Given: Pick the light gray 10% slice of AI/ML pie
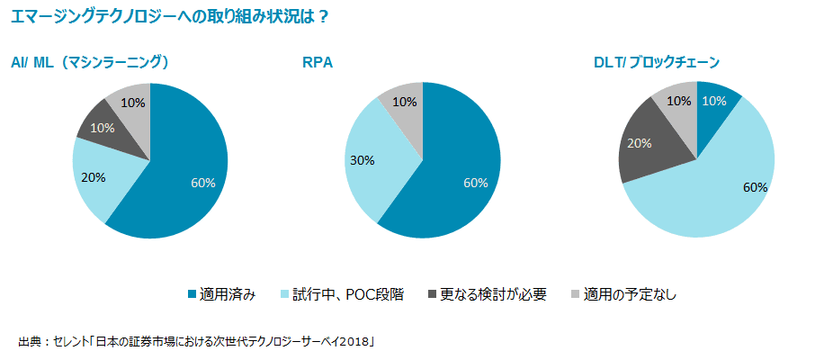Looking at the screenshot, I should tap(132, 103).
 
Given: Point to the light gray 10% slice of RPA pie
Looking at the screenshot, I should tap(404, 103).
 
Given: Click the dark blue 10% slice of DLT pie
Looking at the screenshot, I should tap(715, 101).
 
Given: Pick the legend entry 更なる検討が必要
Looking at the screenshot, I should tap(486, 294).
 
